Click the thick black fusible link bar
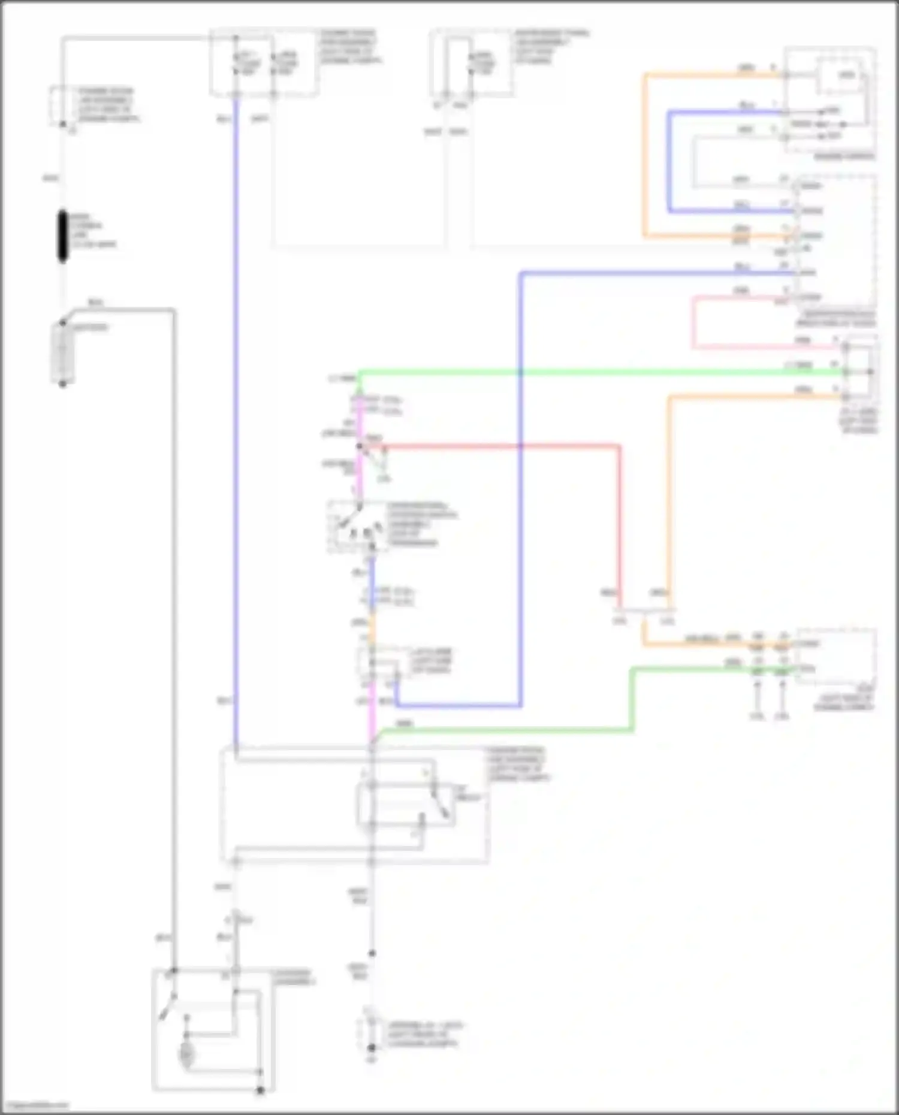(62, 236)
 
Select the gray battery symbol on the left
(62, 353)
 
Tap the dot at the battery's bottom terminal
(62, 383)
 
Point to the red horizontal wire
(497, 446)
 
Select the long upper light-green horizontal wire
(599, 372)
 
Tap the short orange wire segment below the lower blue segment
(372, 629)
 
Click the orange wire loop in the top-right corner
(645, 156)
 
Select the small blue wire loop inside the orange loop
(669, 162)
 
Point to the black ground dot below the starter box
(260, 1090)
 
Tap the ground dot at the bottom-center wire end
(372, 1048)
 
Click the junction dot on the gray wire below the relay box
(372, 953)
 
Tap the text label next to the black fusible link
(93, 231)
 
